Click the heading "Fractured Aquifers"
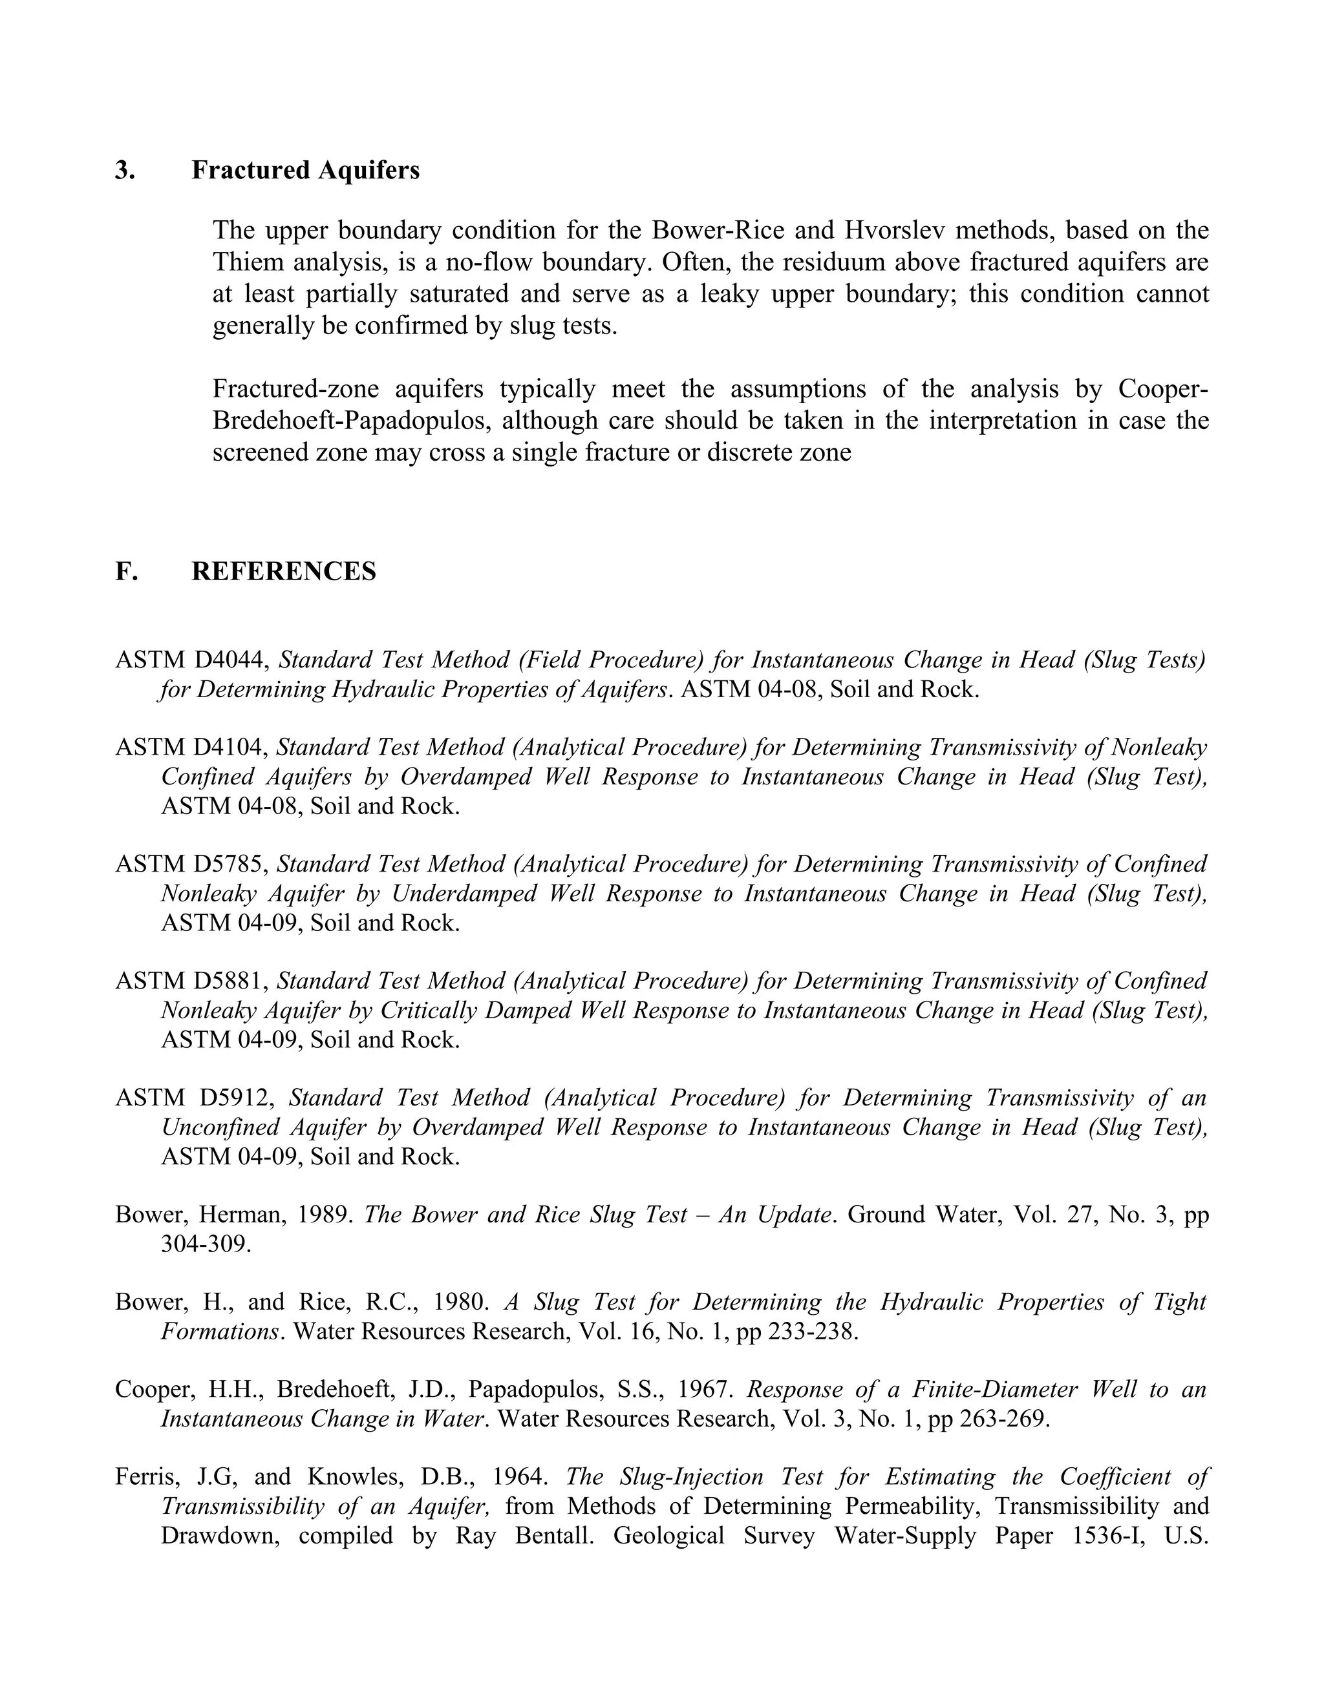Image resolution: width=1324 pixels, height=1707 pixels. pyautogui.click(x=305, y=171)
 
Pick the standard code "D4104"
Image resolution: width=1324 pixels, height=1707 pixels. pyautogui.click(x=231, y=748)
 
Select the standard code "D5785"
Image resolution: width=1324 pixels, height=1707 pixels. pyautogui.click(x=231, y=864)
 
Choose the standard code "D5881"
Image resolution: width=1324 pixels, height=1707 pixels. pyautogui.click(x=231, y=981)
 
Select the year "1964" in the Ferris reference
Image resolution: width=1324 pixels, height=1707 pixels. pyautogui.click(x=518, y=1477)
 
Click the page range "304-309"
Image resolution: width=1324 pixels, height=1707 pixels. pyautogui.click(x=206, y=1244)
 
